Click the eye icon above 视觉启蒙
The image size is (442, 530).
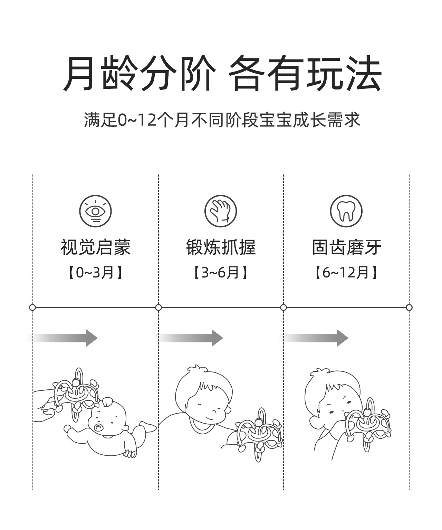95,211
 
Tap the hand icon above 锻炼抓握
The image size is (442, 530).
221,211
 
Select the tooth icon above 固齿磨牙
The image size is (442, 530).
346,211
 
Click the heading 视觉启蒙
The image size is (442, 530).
96,247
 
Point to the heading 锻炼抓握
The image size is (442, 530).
221,247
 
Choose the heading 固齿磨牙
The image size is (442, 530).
346,247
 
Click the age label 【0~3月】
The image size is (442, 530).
95,273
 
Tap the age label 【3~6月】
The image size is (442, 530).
221,273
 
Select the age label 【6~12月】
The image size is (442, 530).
346,273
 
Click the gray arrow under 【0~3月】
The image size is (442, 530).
66,338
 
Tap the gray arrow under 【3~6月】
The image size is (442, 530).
191,338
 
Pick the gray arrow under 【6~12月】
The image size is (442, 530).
316,338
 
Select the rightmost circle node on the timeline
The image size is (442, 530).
409,307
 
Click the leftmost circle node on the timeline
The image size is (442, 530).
32,307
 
